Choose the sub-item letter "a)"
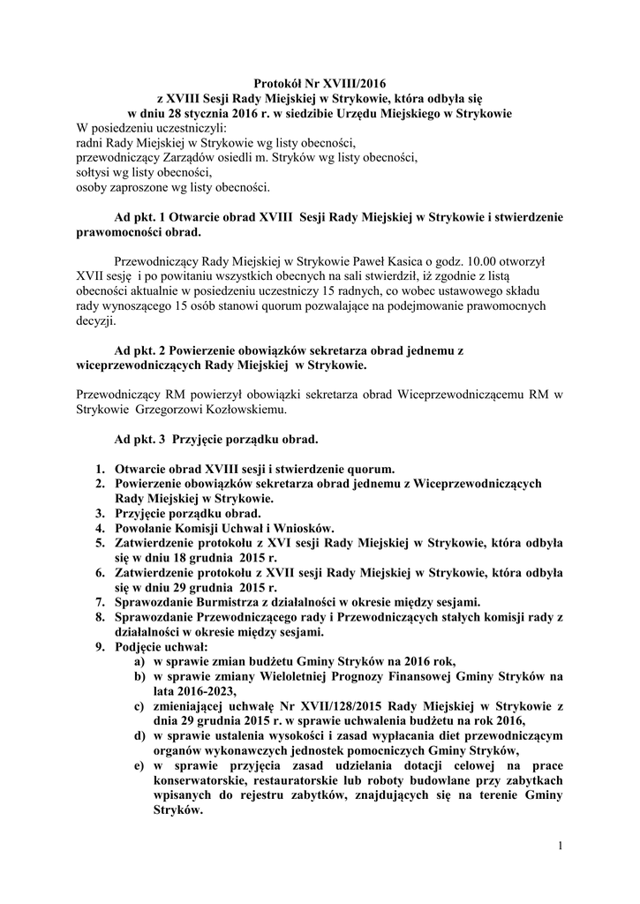(139, 661)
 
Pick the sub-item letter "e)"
(139, 765)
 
